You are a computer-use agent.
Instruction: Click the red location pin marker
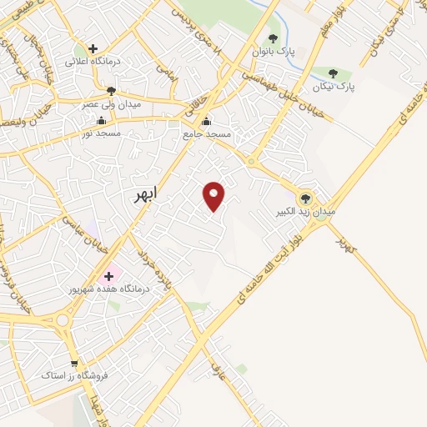pyautogui.click(x=214, y=195)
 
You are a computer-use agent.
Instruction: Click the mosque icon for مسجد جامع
pyautogui.click(x=206, y=122)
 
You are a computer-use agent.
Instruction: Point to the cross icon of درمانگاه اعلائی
pyautogui.click(x=93, y=48)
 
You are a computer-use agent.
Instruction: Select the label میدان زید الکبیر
pyautogui.click(x=306, y=213)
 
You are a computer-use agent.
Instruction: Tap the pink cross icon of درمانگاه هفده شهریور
pyautogui.click(x=108, y=275)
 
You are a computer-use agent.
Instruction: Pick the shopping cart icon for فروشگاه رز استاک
pyautogui.click(x=74, y=363)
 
